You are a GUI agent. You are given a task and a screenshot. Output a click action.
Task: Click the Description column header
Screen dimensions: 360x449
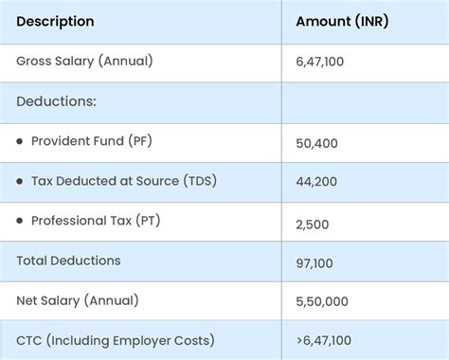(55, 21)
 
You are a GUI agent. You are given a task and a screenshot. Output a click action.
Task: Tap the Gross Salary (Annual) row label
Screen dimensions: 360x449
(84, 61)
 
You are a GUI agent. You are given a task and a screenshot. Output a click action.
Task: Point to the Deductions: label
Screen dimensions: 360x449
(56, 100)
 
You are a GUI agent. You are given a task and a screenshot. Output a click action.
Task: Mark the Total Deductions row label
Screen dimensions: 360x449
(68, 261)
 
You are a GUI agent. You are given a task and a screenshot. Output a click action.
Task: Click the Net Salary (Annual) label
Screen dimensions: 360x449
(77, 300)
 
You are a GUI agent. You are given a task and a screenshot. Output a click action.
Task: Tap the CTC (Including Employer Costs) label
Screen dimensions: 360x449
(115, 340)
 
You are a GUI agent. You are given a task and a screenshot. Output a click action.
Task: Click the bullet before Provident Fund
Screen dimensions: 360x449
(20, 140)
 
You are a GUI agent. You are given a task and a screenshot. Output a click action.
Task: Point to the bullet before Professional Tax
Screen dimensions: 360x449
(20, 220)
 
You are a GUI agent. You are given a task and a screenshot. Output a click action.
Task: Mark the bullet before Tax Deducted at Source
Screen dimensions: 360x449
(20, 180)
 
